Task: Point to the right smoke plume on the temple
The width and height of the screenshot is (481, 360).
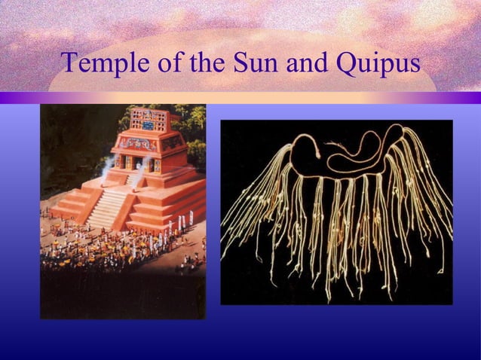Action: [x=139, y=176]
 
